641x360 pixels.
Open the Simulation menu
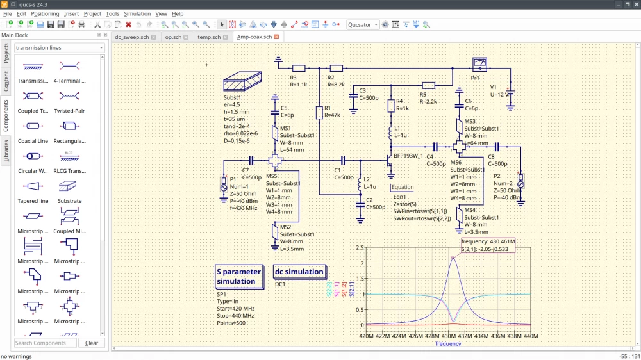(137, 13)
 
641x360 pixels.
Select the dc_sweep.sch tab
(131, 37)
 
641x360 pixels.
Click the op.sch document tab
(173, 37)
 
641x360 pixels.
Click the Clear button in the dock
(92, 343)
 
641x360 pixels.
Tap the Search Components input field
(45, 343)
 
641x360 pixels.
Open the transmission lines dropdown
(59, 48)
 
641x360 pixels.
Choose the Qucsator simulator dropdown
(362, 25)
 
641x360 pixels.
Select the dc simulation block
(299, 272)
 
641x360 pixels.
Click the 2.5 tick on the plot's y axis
(360, 247)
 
